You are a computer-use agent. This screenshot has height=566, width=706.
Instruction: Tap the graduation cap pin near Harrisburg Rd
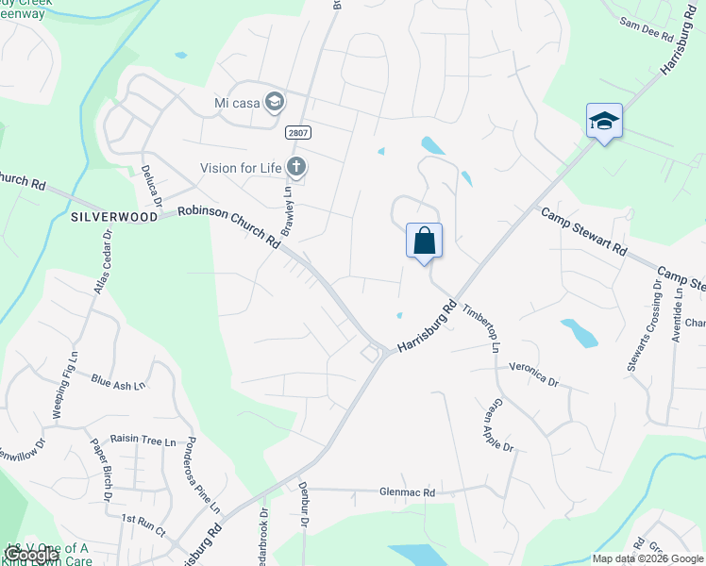point(604,122)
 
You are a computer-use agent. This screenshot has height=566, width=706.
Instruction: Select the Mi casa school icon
point(275,101)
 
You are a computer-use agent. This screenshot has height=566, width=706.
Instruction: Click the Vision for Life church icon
point(296,168)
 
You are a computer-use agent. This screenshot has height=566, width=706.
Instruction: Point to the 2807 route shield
point(298,134)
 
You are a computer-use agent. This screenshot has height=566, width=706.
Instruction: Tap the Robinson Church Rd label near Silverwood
point(229,225)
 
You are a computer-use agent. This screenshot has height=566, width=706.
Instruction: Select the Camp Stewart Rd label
point(582,233)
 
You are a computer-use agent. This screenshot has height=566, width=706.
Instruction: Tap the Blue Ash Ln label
point(118,382)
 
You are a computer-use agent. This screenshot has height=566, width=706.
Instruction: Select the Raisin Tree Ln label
point(143,441)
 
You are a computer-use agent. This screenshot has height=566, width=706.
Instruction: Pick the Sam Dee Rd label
point(647,29)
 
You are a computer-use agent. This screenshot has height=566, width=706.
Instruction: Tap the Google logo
point(31,555)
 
